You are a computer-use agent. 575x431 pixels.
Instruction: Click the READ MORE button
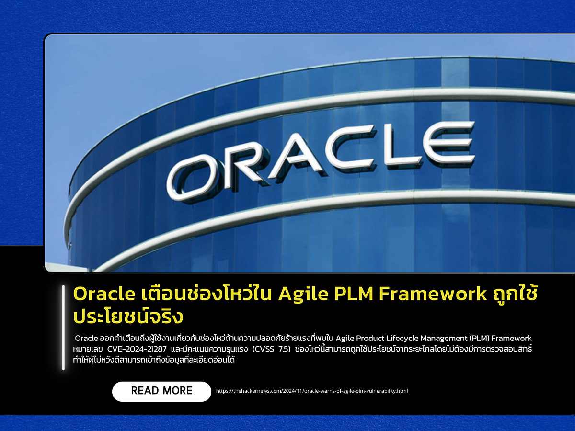161,391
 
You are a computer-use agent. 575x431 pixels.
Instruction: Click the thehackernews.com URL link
312,391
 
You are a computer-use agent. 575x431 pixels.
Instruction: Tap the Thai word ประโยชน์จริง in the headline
128,316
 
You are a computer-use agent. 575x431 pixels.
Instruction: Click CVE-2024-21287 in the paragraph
139,349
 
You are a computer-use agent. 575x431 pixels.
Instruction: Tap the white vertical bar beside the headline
63,328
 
